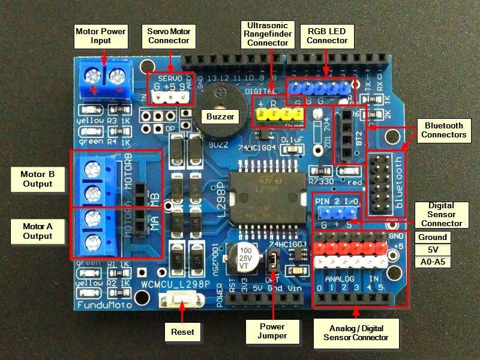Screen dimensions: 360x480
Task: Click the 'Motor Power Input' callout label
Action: (101, 35)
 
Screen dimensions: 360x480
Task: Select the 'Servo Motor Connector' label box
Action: (169, 35)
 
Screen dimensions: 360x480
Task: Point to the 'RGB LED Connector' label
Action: (328, 35)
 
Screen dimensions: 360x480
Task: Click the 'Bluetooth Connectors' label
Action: (443, 130)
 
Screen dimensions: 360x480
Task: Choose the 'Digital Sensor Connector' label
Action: (442, 214)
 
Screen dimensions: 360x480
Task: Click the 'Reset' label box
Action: (182, 331)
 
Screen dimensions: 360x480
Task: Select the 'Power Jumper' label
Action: (272, 331)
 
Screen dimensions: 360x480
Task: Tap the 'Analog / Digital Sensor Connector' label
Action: (356, 332)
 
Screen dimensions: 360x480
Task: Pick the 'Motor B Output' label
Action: (38, 179)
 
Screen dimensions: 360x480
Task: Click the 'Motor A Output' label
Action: (38, 231)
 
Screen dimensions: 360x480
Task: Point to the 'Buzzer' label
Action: (219, 116)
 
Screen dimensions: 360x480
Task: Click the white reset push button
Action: (182, 298)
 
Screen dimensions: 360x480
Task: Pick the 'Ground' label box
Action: (433, 237)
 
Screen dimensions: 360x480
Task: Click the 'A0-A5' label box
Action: (433, 262)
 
